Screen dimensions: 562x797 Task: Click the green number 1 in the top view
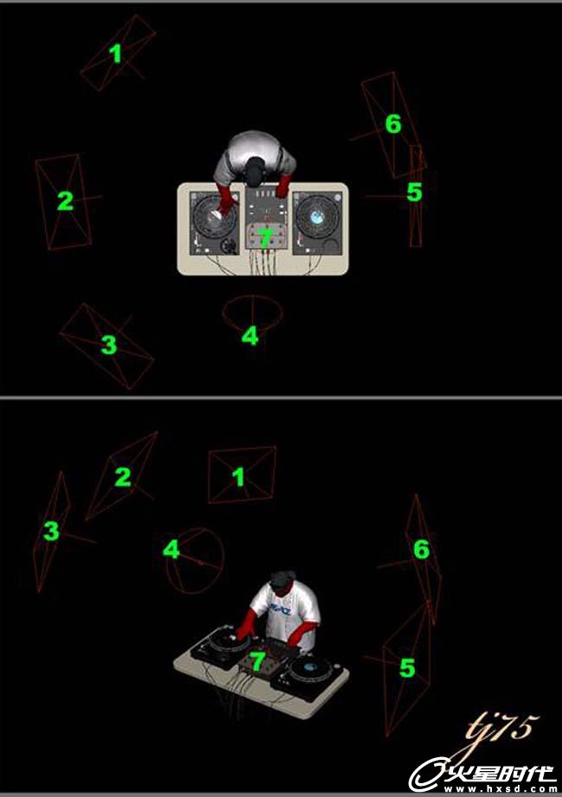tap(117, 54)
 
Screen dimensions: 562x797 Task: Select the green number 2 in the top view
tap(65, 201)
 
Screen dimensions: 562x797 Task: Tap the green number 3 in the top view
tap(109, 345)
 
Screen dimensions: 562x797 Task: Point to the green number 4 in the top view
tap(250, 336)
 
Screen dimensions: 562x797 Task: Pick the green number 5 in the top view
tap(414, 192)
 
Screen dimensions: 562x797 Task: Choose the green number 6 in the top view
tap(393, 124)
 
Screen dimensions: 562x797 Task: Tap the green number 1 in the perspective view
tap(238, 477)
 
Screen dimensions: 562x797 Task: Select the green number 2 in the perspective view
tap(123, 477)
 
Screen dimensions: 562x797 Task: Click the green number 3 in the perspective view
tap(51, 531)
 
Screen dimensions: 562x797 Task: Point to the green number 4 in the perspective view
tap(171, 550)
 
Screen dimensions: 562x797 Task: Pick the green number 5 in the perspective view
tap(407, 668)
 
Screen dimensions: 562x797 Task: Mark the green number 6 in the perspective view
tap(421, 549)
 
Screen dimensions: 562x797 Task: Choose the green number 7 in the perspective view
tap(258, 660)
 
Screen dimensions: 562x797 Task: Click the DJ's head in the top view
tap(256, 169)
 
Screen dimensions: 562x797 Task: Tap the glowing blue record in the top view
tap(317, 216)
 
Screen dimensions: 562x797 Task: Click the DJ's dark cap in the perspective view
tap(283, 579)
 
